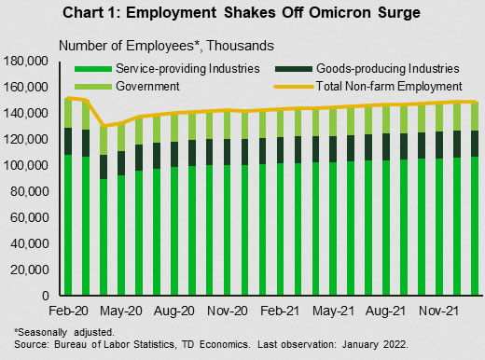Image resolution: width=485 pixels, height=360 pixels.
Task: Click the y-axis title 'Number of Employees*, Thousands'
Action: (x=166, y=46)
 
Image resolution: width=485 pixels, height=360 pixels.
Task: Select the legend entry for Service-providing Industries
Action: (x=167, y=69)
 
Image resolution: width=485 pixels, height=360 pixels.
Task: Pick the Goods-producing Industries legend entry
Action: (x=367, y=69)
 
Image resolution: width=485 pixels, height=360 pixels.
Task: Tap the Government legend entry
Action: (x=127, y=86)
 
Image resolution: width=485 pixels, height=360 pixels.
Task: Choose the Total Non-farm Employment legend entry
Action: (x=368, y=86)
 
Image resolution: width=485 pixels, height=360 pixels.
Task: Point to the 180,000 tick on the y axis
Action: (x=26, y=62)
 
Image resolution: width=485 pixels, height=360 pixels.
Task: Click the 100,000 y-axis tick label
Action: (x=26, y=165)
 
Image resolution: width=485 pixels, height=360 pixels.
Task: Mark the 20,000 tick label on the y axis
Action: (x=30, y=270)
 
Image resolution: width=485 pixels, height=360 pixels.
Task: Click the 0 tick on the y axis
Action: (x=46, y=296)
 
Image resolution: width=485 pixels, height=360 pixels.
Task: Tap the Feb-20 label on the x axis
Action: (x=68, y=311)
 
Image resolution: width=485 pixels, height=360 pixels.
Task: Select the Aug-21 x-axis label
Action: (x=386, y=311)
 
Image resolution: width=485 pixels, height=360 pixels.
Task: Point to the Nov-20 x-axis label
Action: (x=228, y=311)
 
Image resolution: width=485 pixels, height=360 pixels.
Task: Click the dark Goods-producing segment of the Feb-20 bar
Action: (x=68, y=141)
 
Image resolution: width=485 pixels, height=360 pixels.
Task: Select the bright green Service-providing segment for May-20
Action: (x=121, y=235)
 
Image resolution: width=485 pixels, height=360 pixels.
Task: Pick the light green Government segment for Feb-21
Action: (x=280, y=123)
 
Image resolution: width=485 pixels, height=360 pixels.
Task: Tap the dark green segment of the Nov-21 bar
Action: (x=439, y=145)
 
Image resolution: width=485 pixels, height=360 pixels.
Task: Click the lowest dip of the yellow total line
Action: (x=104, y=126)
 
